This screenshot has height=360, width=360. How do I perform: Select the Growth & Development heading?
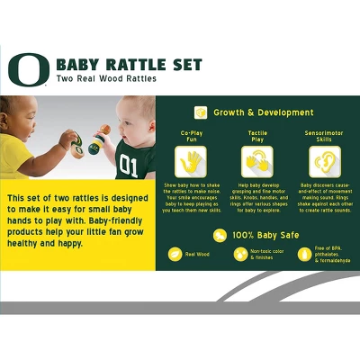point(263,112)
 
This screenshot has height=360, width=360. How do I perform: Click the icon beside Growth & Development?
point(201,112)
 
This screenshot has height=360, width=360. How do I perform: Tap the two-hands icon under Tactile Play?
point(256,163)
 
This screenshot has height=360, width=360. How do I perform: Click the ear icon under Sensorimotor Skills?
point(322,163)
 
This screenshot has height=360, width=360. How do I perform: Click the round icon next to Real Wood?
point(175,255)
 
